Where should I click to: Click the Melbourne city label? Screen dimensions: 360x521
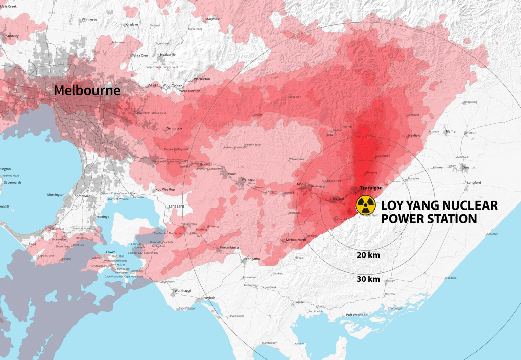click(87, 91)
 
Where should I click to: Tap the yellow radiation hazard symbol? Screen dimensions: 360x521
click(365, 205)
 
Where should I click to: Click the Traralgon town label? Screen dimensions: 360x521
click(370, 188)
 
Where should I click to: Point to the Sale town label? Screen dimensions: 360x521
click(466, 167)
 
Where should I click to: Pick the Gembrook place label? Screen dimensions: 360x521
click(174, 128)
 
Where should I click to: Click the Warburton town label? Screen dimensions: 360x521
click(202, 79)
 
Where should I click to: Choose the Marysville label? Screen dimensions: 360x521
click(213, 19)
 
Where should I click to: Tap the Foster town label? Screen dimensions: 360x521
click(298, 302)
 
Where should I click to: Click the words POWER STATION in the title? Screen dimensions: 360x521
click(429, 219)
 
